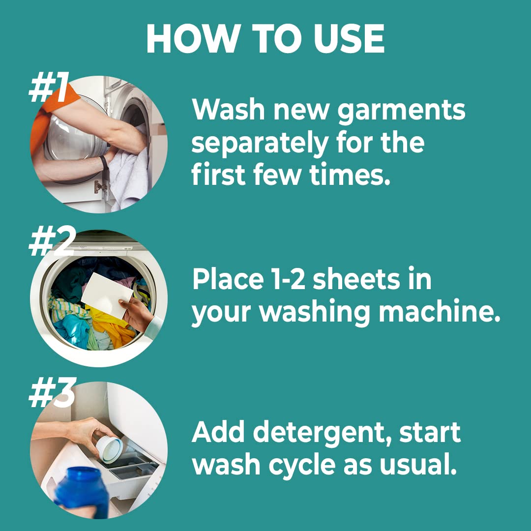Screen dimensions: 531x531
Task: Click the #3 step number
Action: tap(52, 393)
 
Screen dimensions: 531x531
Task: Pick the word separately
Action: tap(260, 144)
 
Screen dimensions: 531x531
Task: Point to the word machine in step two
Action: tap(439, 311)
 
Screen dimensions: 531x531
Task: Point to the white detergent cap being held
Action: tap(110, 449)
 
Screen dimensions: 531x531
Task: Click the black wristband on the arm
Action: tap(104, 163)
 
